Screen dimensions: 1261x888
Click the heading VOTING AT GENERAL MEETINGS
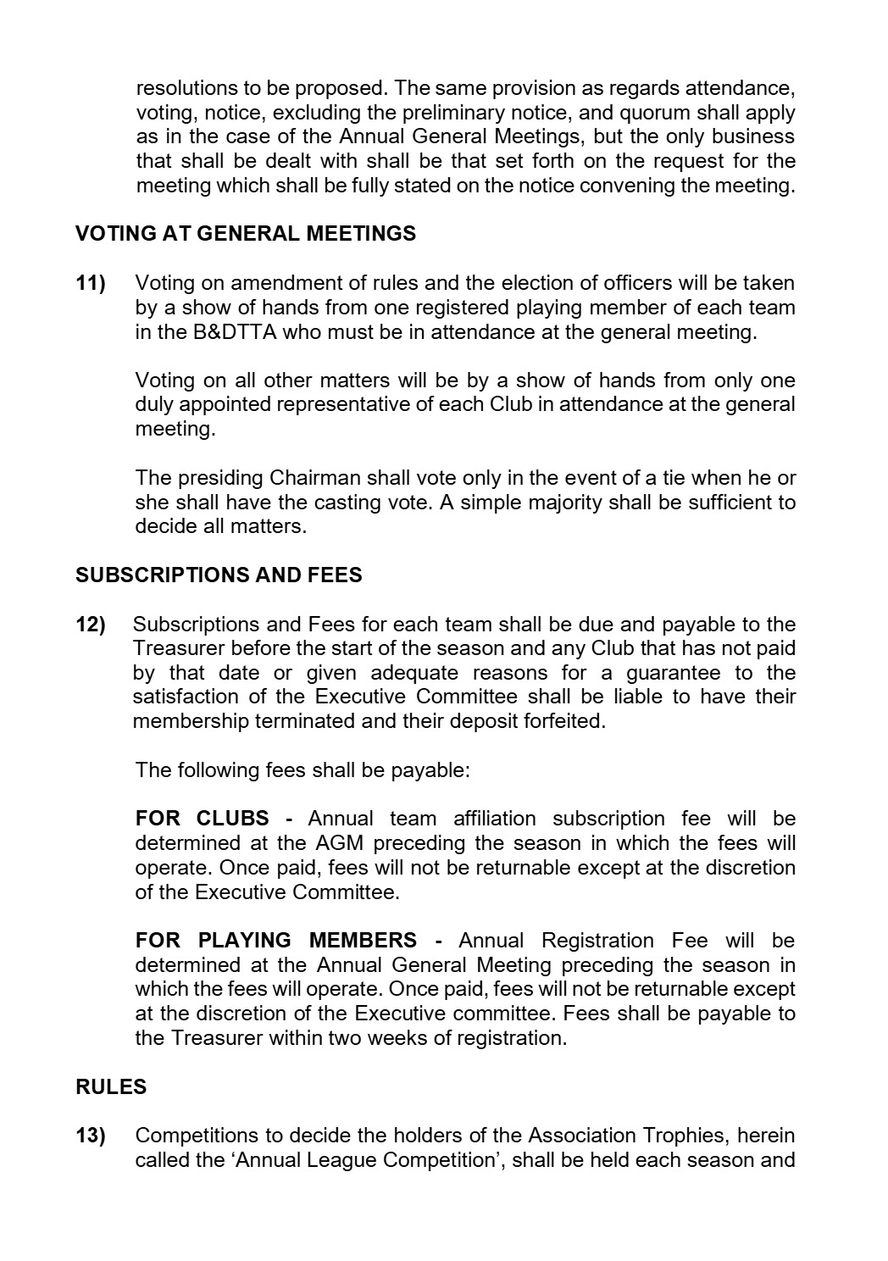point(246,234)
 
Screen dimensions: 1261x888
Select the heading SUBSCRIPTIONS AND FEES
point(219,575)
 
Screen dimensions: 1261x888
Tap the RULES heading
point(111,1087)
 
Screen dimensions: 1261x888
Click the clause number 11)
point(91,283)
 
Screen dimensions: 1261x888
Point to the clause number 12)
point(91,625)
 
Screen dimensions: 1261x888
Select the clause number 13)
point(91,1136)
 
